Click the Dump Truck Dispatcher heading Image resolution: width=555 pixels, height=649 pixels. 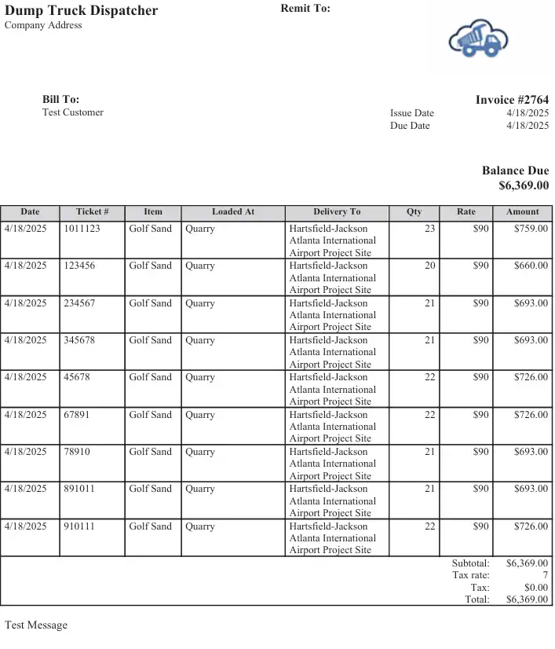82,11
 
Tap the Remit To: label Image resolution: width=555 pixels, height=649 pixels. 305,9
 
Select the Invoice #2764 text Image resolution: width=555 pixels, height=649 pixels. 512,100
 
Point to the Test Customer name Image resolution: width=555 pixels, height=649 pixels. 73,112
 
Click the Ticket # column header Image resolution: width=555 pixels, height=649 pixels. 92,212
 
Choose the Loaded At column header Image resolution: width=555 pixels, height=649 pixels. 233,212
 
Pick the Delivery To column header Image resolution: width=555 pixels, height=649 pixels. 337,212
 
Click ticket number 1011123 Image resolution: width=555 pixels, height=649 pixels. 82,229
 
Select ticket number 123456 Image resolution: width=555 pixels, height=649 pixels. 79,266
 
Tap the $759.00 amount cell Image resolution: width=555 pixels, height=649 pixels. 531,229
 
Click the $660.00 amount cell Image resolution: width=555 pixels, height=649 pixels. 531,266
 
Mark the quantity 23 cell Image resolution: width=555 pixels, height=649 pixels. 429,229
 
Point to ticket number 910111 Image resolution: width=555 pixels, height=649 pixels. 79,526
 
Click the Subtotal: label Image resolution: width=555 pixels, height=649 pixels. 470,563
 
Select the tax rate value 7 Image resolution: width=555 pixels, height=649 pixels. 545,575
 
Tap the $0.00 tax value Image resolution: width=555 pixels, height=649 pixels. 535,587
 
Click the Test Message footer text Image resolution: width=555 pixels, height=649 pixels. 36,625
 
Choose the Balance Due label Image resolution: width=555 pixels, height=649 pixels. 515,170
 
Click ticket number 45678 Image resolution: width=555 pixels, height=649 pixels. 77,377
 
